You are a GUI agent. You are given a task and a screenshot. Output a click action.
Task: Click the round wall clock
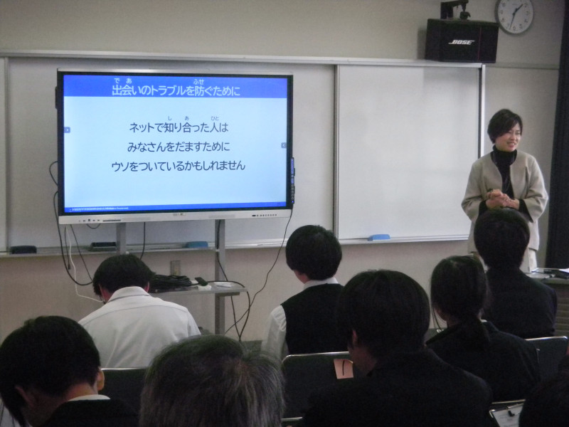coord(514,16)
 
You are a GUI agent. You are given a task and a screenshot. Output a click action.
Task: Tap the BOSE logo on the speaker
coord(461,42)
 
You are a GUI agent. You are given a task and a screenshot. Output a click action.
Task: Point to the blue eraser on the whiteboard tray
coord(378,237)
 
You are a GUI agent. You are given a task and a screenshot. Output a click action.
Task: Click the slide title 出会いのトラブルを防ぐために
coord(176,90)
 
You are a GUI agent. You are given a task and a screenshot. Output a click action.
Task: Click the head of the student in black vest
coord(314,253)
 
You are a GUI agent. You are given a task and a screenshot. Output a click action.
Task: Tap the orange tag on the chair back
coord(344,368)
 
